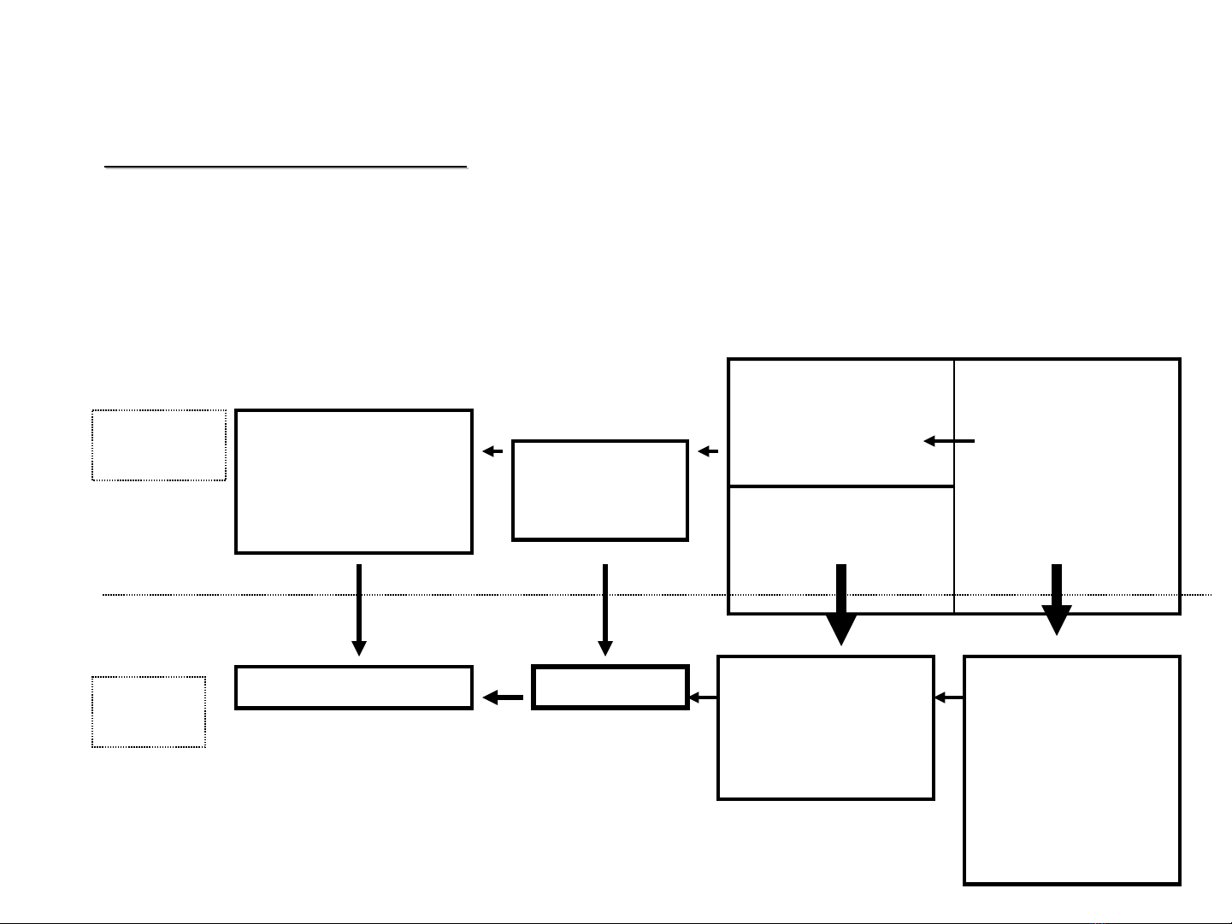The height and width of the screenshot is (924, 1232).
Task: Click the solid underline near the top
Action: pyautogui.click(x=286, y=167)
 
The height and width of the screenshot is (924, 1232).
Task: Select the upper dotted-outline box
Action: pyautogui.click(x=159, y=445)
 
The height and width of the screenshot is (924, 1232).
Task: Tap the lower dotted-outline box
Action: pyautogui.click(x=149, y=712)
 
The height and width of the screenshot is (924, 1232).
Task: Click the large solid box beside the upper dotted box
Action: pyautogui.click(x=354, y=481)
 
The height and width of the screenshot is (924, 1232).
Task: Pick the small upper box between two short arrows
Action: pyautogui.click(x=600, y=491)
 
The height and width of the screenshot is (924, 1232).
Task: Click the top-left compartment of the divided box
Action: pyautogui.click(x=841, y=422)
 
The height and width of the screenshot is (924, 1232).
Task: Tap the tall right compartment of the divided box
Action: pyautogui.click(x=1067, y=486)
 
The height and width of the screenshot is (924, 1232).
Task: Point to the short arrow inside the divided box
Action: pyautogui.click(x=949, y=441)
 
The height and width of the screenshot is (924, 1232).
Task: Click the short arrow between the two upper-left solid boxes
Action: pyautogui.click(x=492, y=451)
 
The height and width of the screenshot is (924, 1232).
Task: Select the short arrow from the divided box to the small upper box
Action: pyautogui.click(x=708, y=451)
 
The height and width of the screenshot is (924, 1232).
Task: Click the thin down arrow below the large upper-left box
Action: pyautogui.click(x=359, y=609)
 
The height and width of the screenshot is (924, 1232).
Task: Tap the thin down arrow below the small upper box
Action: pyautogui.click(x=605, y=609)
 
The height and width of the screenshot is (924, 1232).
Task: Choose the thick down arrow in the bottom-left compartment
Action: pyautogui.click(x=841, y=603)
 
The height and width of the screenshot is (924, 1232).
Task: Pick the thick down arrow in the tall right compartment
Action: pyautogui.click(x=1057, y=599)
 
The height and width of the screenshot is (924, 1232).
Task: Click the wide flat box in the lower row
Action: pyautogui.click(x=354, y=687)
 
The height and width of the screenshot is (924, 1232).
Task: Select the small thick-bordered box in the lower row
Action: pyautogui.click(x=610, y=687)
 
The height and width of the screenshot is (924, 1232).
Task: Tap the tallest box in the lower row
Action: pyautogui.click(x=1072, y=770)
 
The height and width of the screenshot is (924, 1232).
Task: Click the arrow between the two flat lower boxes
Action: pyautogui.click(x=503, y=698)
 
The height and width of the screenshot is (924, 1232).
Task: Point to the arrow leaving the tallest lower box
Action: pyautogui.click(x=949, y=698)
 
